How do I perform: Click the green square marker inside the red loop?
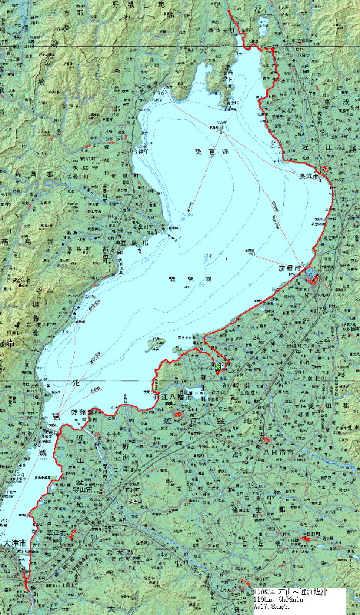(x=218, y=367)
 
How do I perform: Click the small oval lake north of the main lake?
(x=265, y=22)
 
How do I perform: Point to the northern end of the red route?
(x=228, y=13)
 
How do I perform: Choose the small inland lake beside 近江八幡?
(x=202, y=397)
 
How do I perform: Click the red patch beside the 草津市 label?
(x=73, y=534)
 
